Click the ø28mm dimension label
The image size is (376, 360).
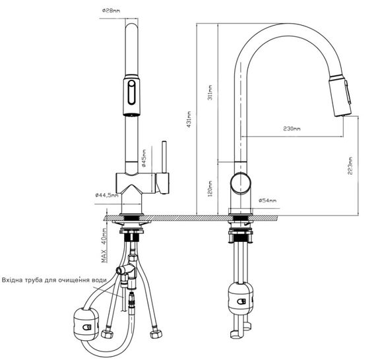tap(111, 11)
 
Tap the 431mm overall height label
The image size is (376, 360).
tap(189, 119)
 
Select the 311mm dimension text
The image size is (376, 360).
tap(210, 92)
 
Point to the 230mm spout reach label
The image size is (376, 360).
tap(292, 129)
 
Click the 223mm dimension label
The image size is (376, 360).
tap(350, 165)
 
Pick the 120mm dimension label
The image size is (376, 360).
tap(210, 189)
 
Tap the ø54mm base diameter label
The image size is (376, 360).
tap(267, 200)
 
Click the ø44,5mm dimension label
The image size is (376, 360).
tap(107, 195)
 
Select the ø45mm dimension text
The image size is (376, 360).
tap(144, 158)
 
